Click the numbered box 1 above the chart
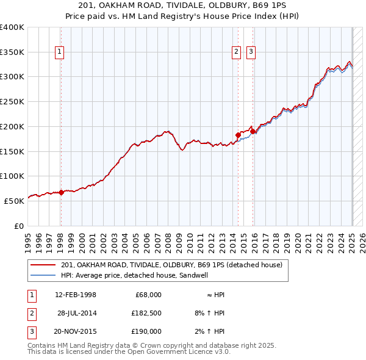(60, 52)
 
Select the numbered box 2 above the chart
(236, 52)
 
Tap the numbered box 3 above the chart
(251, 52)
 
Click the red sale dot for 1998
(61, 192)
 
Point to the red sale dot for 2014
(238, 135)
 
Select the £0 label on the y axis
(18, 226)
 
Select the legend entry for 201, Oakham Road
(171, 265)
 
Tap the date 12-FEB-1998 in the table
(76, 295)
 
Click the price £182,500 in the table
(146, 313)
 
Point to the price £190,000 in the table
(146, 331)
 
